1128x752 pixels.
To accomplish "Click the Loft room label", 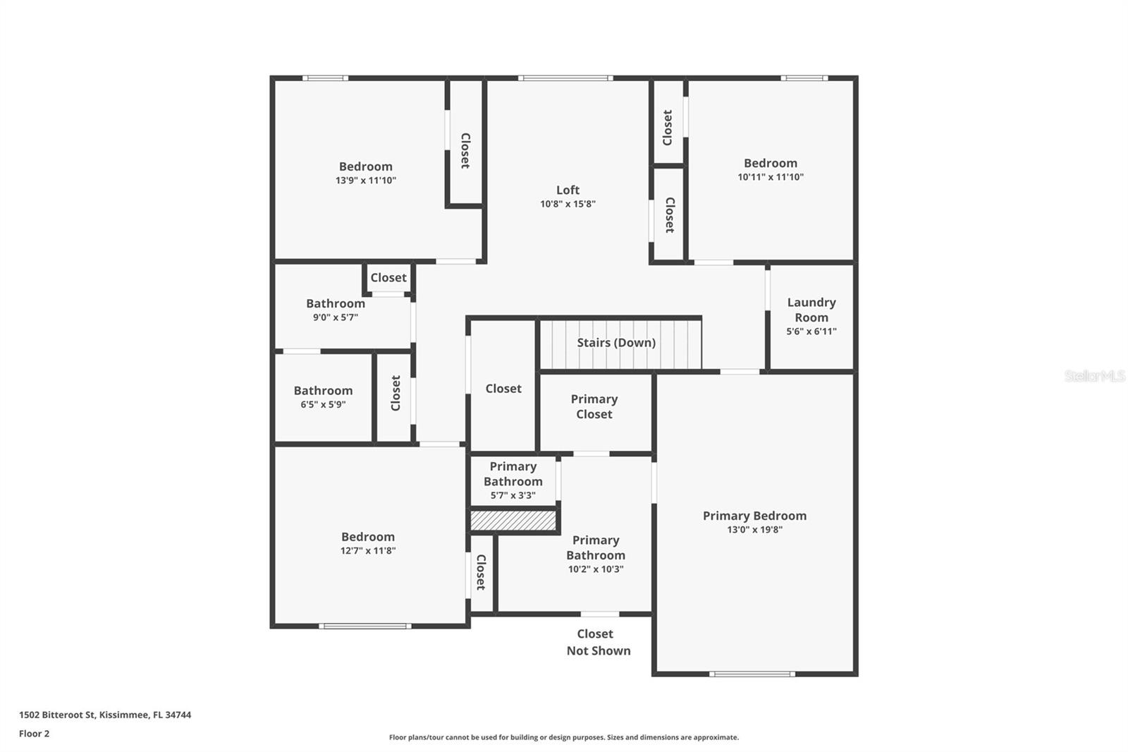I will [568, 190].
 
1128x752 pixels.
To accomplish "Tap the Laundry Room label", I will [811, 310].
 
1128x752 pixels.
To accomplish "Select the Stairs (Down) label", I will [616, 343].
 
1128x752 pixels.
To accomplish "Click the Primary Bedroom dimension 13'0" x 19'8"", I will [754, 530].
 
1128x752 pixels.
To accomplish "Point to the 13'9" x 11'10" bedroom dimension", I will [366, 181].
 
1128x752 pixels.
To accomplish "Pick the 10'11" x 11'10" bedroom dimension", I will [771, 177].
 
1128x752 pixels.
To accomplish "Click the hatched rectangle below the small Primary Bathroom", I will [513, 521].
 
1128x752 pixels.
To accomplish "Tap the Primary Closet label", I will [594, 406].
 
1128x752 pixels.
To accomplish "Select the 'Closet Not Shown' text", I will [598, 642].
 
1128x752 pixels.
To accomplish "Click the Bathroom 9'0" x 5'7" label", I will [336, 304].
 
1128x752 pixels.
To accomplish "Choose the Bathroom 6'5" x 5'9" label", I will [323, 391].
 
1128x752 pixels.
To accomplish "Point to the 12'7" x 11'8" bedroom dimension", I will [368, 551].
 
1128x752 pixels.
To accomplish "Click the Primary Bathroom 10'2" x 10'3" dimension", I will [596, 569].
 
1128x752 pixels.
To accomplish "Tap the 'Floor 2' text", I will [34, 734].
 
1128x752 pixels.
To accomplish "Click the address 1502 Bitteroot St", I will [105, 715].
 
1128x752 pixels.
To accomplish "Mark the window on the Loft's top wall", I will [565, 78].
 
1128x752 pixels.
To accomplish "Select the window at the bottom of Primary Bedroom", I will [752, 674].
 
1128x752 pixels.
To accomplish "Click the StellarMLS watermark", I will [1094, 376].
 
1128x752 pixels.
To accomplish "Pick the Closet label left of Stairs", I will [503, 389].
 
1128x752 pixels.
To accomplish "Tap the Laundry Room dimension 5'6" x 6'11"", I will [811, 332].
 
